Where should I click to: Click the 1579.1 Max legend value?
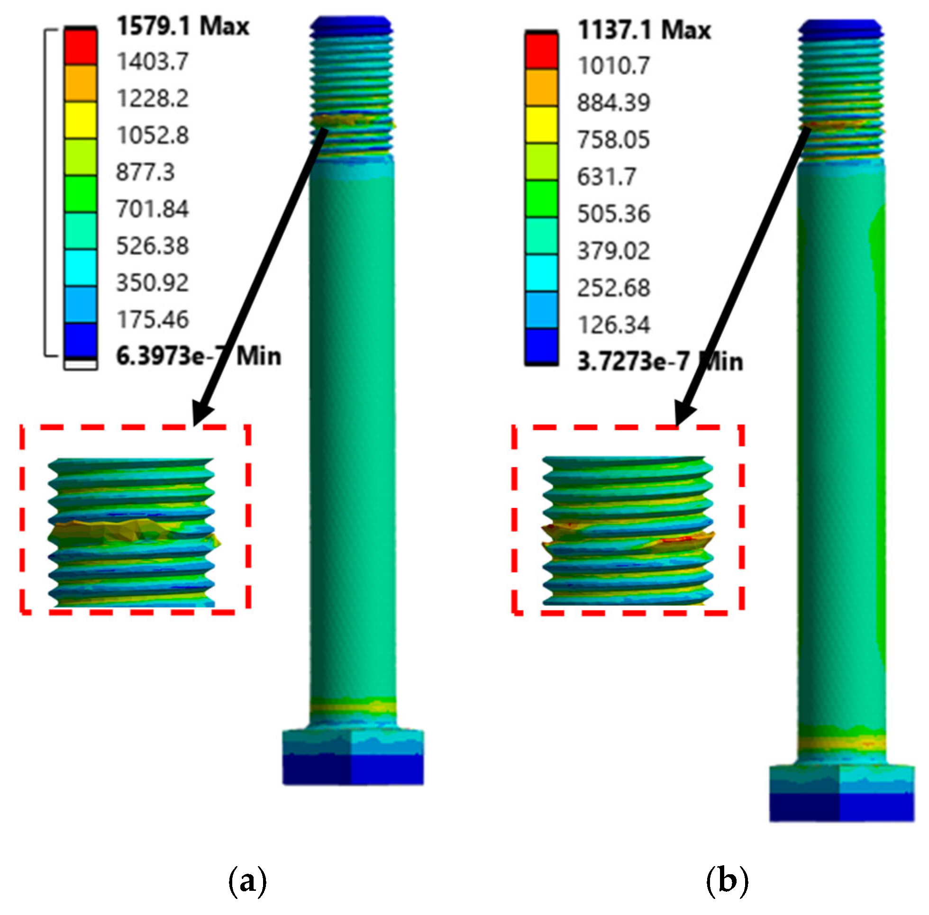[182, 26]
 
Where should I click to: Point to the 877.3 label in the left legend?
[145, 172]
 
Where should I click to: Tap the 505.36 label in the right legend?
[613, 213]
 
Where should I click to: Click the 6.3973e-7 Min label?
[198, 356]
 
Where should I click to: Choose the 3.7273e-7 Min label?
[659, 362]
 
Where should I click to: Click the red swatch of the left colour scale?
[81, 47]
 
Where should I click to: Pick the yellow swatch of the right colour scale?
[541, 125]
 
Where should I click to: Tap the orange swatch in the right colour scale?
[541, 88]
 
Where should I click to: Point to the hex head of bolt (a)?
[352, 757]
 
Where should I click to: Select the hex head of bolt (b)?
[841, 793]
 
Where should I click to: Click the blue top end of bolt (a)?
[351, 24]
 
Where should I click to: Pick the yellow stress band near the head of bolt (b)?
[841, 744]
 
